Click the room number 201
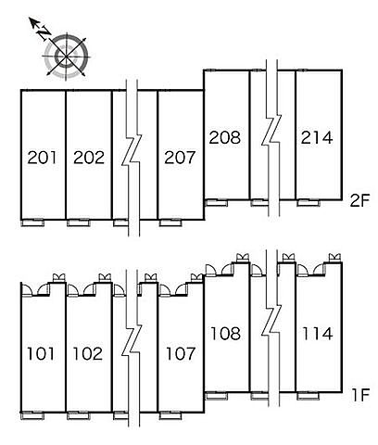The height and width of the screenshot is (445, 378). (x=42, y=158)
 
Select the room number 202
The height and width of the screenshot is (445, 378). (x=89, y=158)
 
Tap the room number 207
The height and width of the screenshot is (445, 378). (x=180, y=158)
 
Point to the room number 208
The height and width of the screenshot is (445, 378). (x=225, y=137)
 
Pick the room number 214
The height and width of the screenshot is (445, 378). (x=317, y=137)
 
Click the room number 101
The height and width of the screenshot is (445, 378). (x=41, y=353)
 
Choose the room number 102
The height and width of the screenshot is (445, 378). (x=88, y=353)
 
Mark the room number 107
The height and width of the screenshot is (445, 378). (x=181, y=353)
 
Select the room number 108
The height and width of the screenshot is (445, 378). (x=225, y=334)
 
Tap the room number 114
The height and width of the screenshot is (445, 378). (x=318, y=334)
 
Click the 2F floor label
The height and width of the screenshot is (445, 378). (x=359, y=201)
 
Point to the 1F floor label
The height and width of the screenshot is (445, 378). (x=360, y=395)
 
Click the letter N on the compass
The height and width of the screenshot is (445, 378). (x=44, y=33)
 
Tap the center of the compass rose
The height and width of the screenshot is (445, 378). (x=66, y=57)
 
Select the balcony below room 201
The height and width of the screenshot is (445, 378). (x=32, y=222)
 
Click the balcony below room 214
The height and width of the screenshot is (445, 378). (x=309, y=203)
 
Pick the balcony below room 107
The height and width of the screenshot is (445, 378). (x=170, y=415)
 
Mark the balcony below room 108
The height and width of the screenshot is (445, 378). (x=217, y=396)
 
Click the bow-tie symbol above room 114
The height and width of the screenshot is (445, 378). (x=334, y=258)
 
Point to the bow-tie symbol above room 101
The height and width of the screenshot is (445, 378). (x=58, y=277)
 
